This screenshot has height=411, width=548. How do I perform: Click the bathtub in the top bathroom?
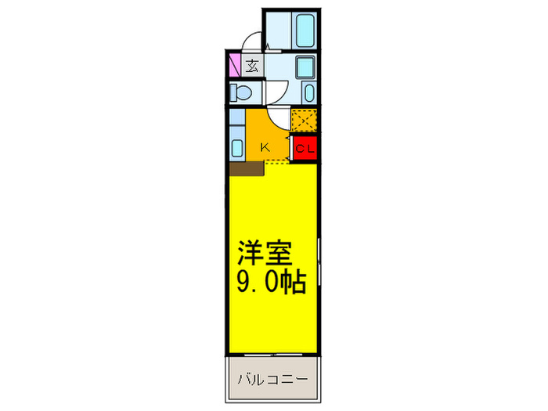click(305, 31)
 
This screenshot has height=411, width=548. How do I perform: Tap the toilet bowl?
click(241, 93)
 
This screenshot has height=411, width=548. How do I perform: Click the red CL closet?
click(305, 147)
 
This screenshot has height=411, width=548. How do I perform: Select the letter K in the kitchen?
click(265, 146)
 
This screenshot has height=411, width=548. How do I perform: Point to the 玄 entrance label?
click(253, 66)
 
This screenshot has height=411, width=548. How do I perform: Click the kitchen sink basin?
click(238, 146)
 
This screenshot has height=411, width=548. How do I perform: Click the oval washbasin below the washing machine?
click(308, 93)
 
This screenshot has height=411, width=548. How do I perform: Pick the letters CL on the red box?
click(305, 147)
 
